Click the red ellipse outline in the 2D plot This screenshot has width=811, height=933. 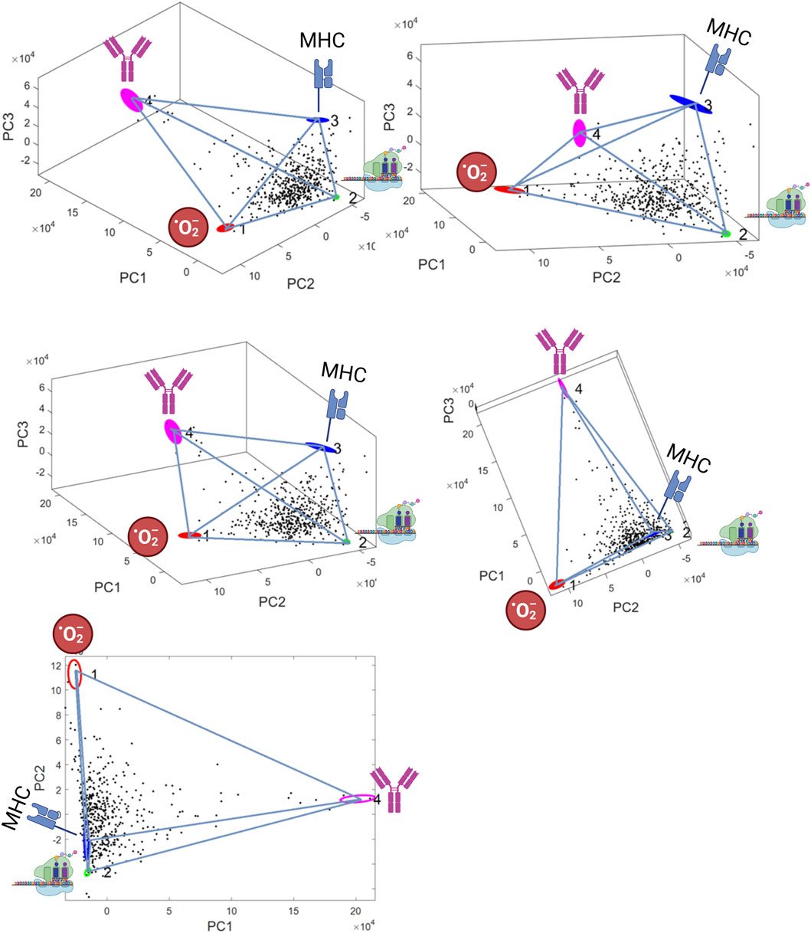(x=74, y=674)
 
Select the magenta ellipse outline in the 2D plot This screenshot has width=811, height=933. (x=357, y=800)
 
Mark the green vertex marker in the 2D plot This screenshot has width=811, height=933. (x=87, y=872)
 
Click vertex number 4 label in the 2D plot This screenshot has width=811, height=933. (x=378, y=800)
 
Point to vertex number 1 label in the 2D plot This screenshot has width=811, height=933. (x=93, y=674)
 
